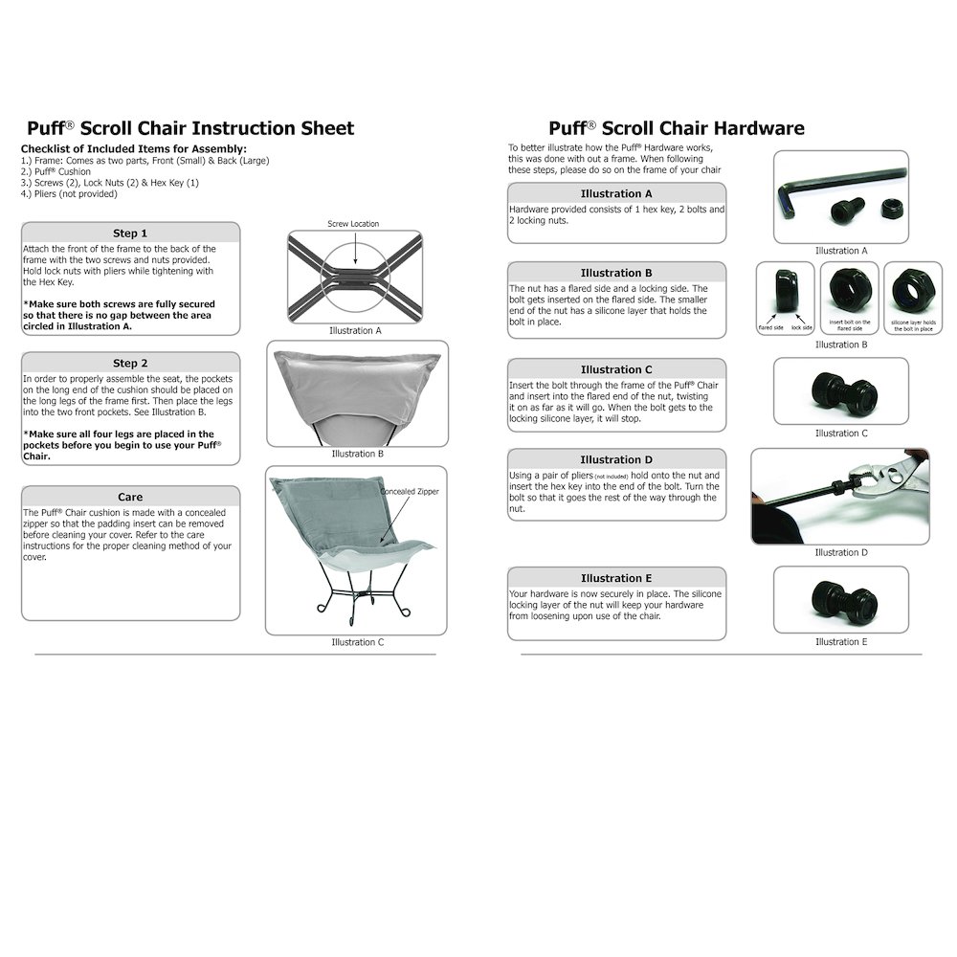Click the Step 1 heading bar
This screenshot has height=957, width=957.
(x=130, y=233)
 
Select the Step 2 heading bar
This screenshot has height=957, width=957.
(x=130, y=363)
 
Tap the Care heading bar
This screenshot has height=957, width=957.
(x=130, y=497)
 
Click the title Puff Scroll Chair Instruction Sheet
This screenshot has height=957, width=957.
(x=189, y=128)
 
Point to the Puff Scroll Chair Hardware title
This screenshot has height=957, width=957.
(x=676, y=128)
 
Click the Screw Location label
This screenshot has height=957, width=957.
(x=353, y=224)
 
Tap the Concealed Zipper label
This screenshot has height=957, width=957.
(x=409, y=492)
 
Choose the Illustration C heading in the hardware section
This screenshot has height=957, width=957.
(x=616, y=369)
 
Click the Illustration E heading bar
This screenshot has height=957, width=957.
(x=616, y=578)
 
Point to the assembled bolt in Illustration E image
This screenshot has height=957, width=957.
(x=840, y=599)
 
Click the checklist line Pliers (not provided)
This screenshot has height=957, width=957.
(x=69, y=194)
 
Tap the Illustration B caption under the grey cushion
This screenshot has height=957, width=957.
(x=357, y=454)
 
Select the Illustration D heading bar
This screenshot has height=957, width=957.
(x=616, y=459)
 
